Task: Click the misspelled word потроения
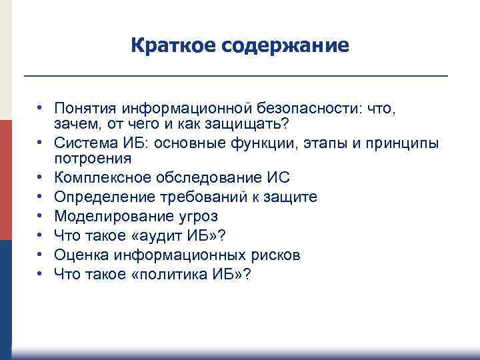(x=93, y=159)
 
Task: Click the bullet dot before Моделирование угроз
(x=41, y=217)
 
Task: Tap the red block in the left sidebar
(x=6, y=180)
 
